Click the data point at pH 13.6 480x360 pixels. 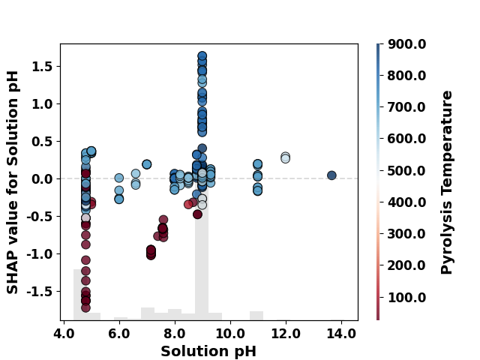point(331,175)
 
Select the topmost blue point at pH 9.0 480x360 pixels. point(202,56)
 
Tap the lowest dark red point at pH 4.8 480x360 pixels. point(85,307)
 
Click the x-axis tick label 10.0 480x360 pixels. point(230,334)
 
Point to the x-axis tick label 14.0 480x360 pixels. point(341,334)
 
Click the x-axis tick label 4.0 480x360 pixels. point(64,334)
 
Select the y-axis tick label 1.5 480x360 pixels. point(42,67)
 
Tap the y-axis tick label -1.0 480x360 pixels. point(39,254)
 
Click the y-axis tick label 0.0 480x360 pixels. point(42,179)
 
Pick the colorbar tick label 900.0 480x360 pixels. point(406,44)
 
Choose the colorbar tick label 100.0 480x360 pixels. point(406,298)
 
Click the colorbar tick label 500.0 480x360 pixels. point(406,171)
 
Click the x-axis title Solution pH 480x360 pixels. point(208,352)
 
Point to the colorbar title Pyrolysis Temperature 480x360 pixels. point(446,182)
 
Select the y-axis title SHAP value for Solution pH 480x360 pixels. point(12,182)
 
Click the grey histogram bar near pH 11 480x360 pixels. point(256,316)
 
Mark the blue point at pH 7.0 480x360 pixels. point(147,164)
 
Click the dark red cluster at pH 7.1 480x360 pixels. point(151,252)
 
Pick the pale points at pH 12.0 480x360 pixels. point(285,157)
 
